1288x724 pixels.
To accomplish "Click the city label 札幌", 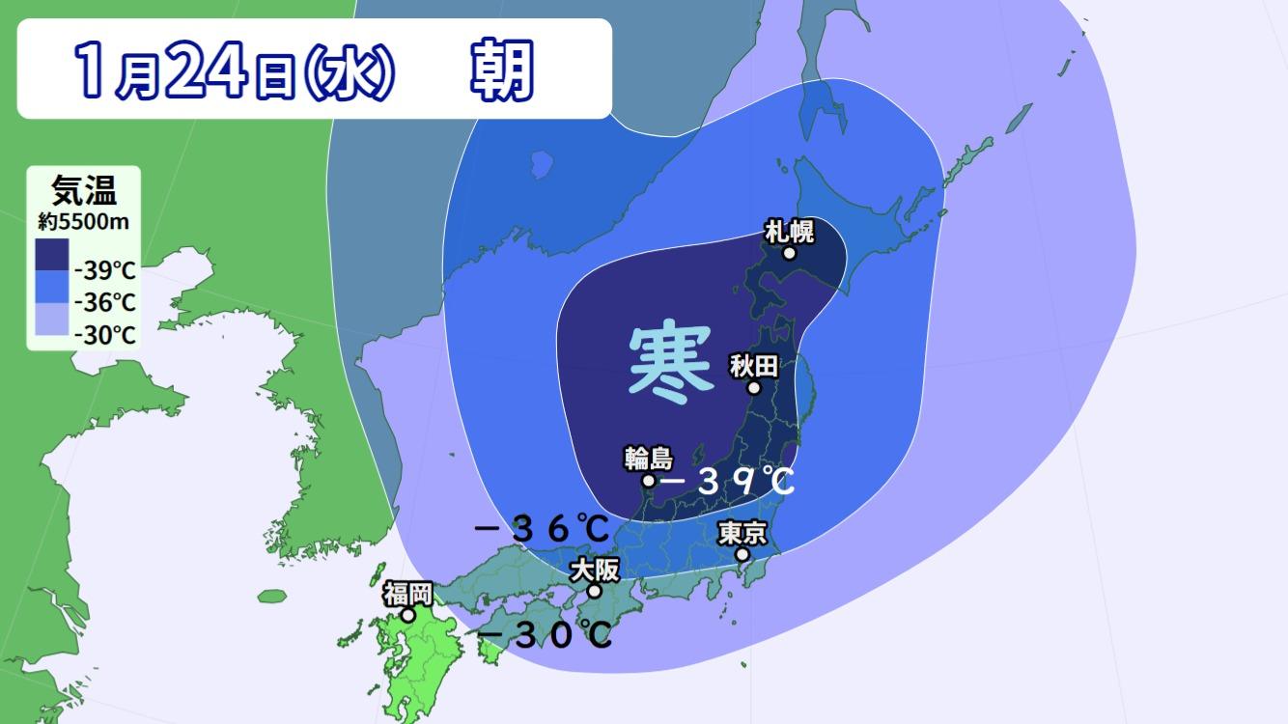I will pos(789,232).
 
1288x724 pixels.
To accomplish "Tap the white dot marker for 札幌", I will pos(789,254).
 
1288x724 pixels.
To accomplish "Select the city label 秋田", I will pos(754,366).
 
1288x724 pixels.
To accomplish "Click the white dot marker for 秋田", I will pos(754,388).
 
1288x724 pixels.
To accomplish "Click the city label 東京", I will pos(742,533).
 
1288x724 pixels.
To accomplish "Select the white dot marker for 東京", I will pos(742,555).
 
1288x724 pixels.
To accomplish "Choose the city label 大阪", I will pos(594,570).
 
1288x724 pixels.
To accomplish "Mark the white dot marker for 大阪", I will pos(595,592).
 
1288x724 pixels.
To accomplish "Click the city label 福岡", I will pos(407,593).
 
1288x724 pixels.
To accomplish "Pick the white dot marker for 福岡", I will pos(408,615).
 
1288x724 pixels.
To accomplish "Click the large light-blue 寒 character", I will pos(671,363).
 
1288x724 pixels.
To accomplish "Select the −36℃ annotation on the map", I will pos(543,529).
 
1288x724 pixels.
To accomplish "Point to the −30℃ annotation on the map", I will pos(546,634).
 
